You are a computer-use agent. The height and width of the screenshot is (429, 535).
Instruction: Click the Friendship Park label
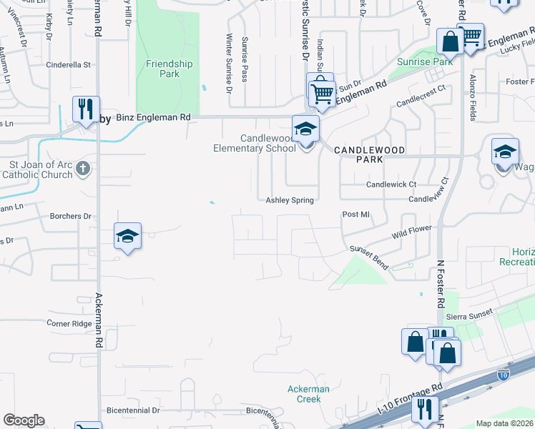(x=169, y=69)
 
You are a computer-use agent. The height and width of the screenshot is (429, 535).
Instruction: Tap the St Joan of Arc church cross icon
(x=83, y=169)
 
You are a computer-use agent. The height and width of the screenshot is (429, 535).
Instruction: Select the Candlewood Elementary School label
(x=254, y=143)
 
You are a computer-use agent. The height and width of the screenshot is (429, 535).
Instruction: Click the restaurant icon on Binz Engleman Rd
(x=84, y=109)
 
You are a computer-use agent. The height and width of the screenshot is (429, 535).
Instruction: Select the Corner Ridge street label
(x=69, y=324)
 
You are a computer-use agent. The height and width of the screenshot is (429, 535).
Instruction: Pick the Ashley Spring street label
(x=290, y=201)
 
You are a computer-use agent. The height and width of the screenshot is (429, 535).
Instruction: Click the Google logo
(x=24, y=420)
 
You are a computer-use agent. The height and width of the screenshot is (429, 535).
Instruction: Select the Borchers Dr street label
(x=71, y=215)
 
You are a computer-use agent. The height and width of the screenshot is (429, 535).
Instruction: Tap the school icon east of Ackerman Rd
(x=128, y=236)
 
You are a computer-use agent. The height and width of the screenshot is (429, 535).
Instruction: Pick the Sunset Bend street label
(x=369, y=257)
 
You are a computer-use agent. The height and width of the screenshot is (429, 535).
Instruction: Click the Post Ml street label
(x=355, y=214)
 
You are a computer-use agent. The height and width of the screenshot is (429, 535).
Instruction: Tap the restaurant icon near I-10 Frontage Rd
(x=425, y=410)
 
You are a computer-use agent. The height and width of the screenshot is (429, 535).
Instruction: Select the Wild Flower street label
(x=413, y=232)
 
